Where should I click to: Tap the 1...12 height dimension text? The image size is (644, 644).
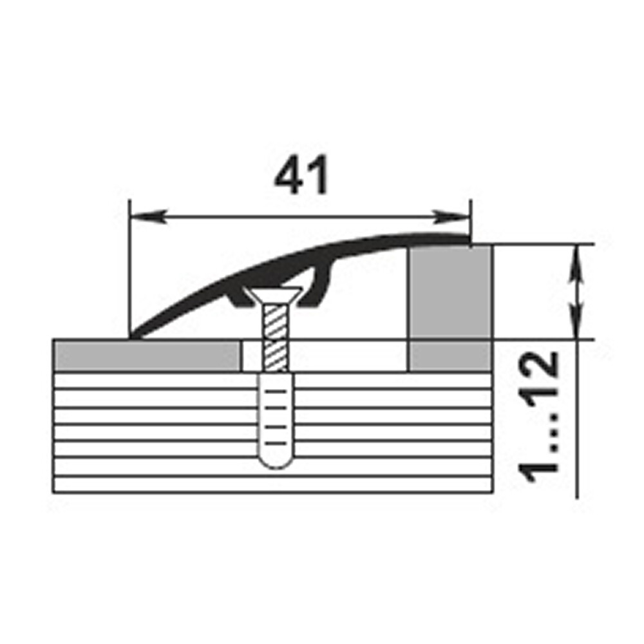click(x=538, y=417)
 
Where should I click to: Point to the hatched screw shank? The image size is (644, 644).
click(x=276, y=337)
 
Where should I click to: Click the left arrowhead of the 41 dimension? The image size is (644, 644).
click(x=148, y=216)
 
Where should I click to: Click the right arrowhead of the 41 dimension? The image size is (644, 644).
click(x=450, y=216)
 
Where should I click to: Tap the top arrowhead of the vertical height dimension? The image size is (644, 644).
click(x=576, y=263)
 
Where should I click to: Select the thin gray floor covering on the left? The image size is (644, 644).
click(x=147, y=355)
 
